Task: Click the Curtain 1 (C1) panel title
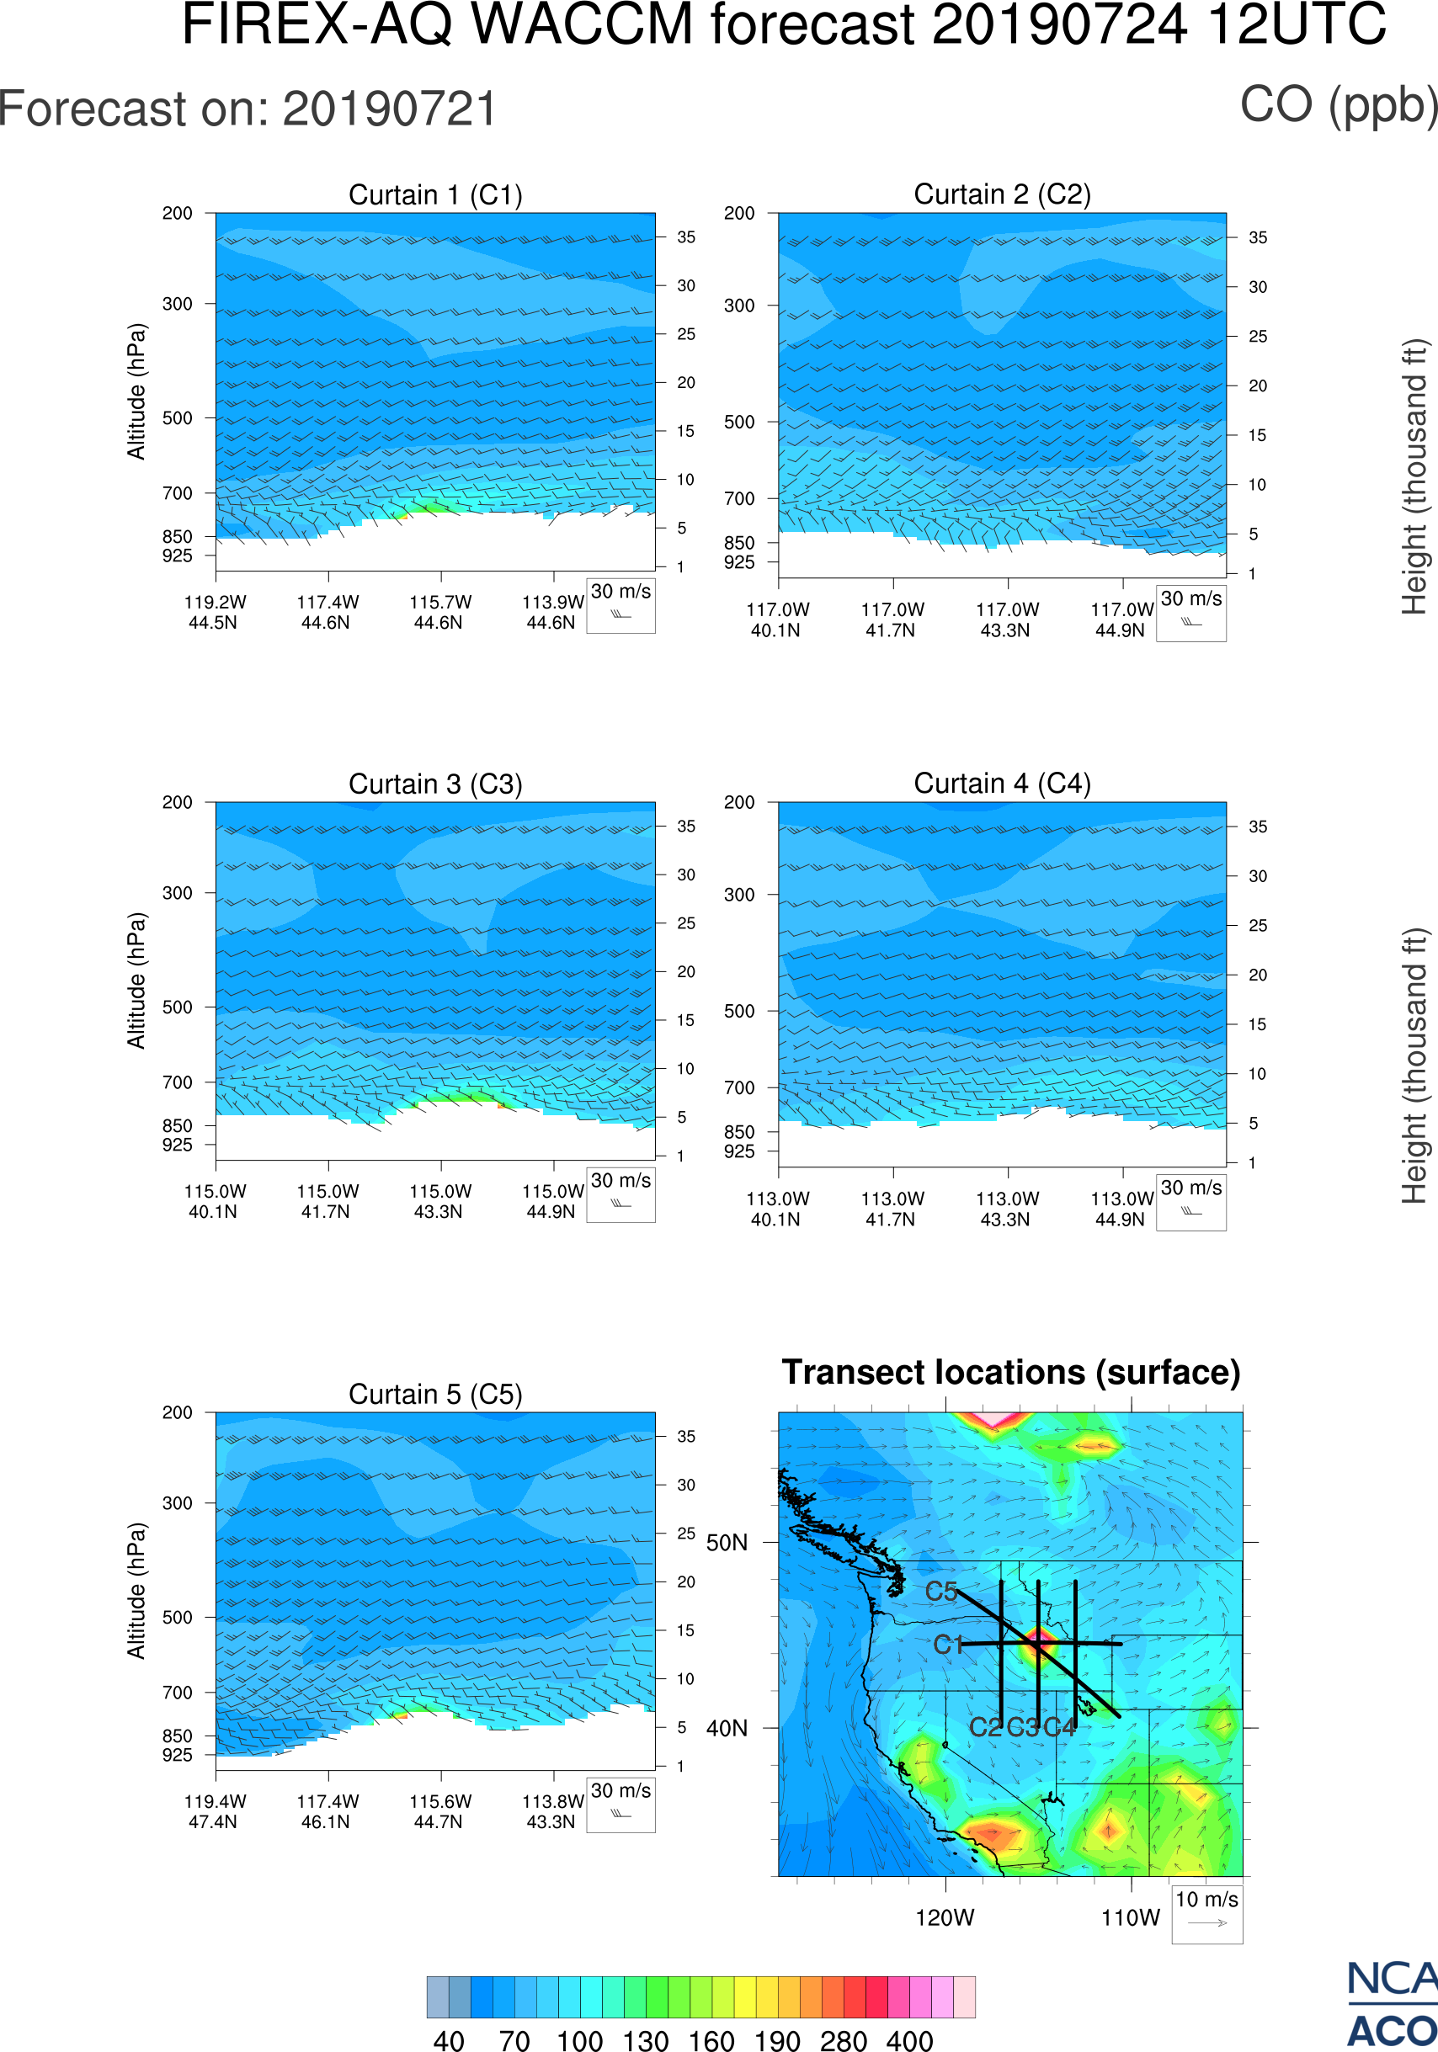(x=435, y=194)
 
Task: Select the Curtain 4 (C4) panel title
(x=1002, y=784)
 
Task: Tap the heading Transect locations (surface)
(x=1011, y=1372)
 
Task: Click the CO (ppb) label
(x=1338, y=105)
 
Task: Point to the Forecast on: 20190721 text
(x=248, y=109)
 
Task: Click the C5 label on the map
(x=941, y=1592)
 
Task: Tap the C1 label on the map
(x=948, y=1645)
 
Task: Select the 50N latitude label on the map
(x=727, y=1544)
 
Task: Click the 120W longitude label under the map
(x=945, y=1918)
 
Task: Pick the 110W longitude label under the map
(x=1131, y=1918)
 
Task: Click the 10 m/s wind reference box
(x=1206, y=1913)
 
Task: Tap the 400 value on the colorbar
(x=909, y=2040)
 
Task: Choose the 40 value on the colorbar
(x=449, y=2040)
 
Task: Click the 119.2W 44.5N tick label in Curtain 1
(x=215, y=612)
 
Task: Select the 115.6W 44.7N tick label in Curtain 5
(x=439, y=1811)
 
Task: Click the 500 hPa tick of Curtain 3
(x=177, y=1007)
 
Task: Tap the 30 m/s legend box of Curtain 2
(x=1190, y=613)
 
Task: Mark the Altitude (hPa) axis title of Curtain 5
(x=136, y=1591)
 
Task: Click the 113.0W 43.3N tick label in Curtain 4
(x=1006, y=1209)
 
